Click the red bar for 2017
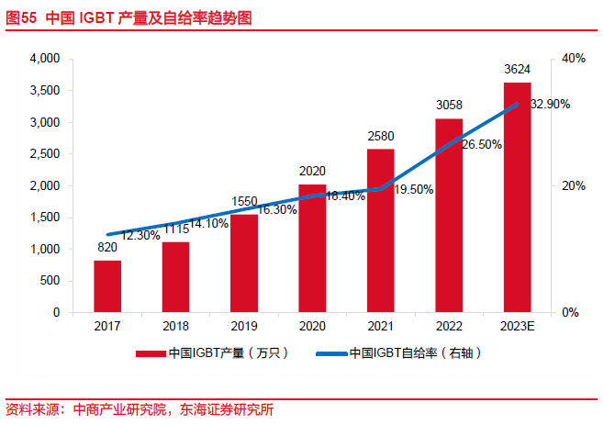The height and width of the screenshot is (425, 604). tap(107, 286)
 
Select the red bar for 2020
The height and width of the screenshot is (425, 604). tap(312, 249)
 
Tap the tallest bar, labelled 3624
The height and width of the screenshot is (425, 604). tap(517, 197)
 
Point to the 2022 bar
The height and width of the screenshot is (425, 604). tap(449, 216)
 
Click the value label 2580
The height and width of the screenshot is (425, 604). tap(381, 136)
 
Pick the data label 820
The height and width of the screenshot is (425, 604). tap(107, 247)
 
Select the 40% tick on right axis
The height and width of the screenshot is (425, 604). tap(573, 59)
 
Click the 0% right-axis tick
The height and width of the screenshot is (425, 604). tap(570, 313)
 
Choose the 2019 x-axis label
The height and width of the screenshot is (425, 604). tap(244, 326)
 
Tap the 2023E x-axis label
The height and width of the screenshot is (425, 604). tap(517, 326)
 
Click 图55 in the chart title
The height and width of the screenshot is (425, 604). tap(22, 18)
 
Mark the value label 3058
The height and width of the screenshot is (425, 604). tap(449, 105)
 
